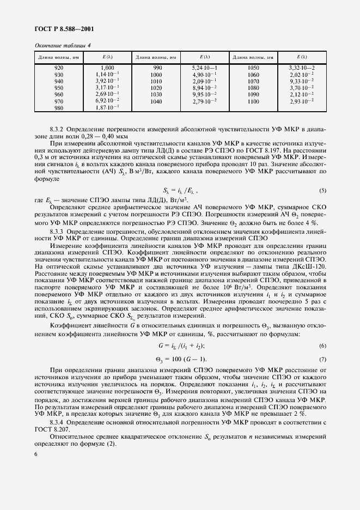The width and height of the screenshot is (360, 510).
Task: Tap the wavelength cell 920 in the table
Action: coord(59,68)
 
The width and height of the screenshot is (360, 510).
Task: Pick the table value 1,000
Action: coord(107,68)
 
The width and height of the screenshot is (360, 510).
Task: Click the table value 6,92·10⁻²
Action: coord(107,101)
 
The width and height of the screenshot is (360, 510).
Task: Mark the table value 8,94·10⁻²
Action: coord(204,88)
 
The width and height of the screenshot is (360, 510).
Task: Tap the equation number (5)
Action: coord(322,190)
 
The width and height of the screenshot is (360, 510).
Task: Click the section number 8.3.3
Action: coord(57,230)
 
